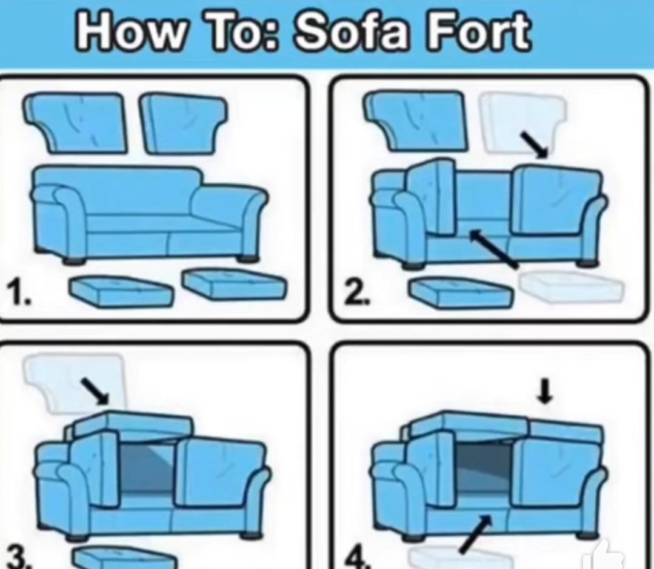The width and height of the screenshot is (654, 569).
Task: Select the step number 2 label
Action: (353, 296)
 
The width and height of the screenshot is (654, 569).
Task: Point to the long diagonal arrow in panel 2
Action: (493, 248)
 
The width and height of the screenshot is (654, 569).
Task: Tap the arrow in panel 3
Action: (95, 391)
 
